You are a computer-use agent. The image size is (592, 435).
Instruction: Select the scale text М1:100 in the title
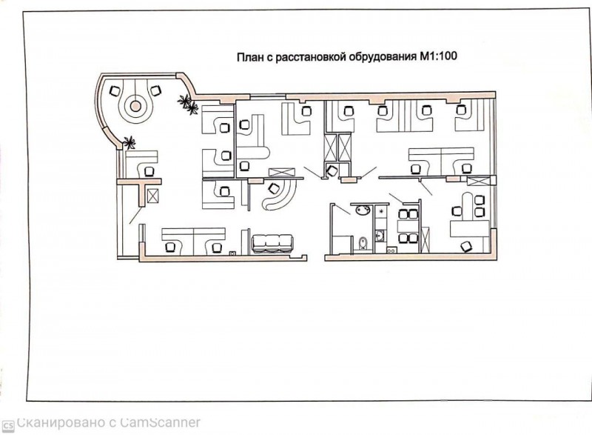pyautogui.click(x=437, y=56)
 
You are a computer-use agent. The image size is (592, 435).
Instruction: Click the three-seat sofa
pyautogui.click(x=272, y=243)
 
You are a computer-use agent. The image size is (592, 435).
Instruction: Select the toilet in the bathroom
pyautogui.click(x=363, y=243)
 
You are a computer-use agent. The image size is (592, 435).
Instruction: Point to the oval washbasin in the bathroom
pyautogui.click(x=363, y=210)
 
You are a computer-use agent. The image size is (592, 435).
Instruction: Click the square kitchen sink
pyautogui.click(x=379, y=236)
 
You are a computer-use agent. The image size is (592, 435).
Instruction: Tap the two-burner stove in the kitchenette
pyautogui.click(x=391, y=250)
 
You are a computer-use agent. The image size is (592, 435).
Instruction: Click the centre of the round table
pyautogui.click(x=135, y=106)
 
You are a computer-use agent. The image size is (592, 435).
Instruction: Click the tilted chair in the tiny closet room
pyautogui.click(x=332, y=171)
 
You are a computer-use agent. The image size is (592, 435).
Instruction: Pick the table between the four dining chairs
pyautogui.click(x=408, y=226)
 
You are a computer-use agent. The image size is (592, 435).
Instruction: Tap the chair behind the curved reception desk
pyautogui.click(x=274, y=187)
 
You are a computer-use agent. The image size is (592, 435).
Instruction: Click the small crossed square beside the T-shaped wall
pyautogui.click(x=153, y=196)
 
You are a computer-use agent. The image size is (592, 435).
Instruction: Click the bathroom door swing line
pyautogui.click(x=343, y=210)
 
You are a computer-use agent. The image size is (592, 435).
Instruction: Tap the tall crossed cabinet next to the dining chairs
pyautogui.click(x=425, y=239)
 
